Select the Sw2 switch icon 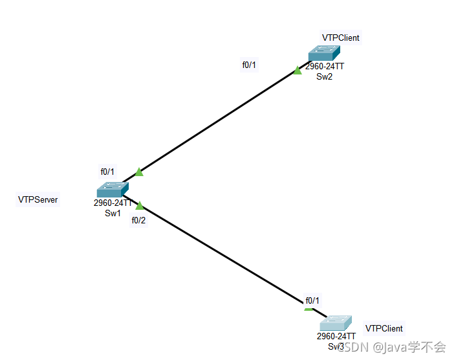[323, 53]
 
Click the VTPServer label [38, 199]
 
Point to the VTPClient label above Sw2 [340, 38]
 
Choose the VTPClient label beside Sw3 [384, 328]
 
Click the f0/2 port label [138, 220]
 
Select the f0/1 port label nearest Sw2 [249, 65]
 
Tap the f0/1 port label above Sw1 [107, 172]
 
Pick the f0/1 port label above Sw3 [312, 300]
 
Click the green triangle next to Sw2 [297, 70]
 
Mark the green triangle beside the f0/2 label [139, 205]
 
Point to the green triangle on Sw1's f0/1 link [138, 172]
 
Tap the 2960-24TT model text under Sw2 [324, 67]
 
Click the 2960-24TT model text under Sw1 [113, 203]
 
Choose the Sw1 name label [113, 213]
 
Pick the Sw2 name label [324, 76]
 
